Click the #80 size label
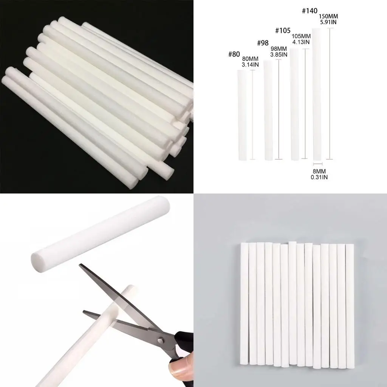(x=234, y=54)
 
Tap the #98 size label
(x=263, y=43)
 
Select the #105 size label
(x=283, y=31)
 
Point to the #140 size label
(x=310, y=11)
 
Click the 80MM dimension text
(x=250, y=59)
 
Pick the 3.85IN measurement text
(x=279, y=54)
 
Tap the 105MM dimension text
(x=301, y=36)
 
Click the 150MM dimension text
(x=328, y=16)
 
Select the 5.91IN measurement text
(x=328, y=22)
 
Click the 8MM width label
(x=319, y=171)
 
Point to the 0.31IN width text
(x=319, y=177)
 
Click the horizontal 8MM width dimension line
(x=318, y=164)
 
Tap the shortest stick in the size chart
(x=242, y=115)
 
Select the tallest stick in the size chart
(x=317, y=94)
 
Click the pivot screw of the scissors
(x=160, y=341)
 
